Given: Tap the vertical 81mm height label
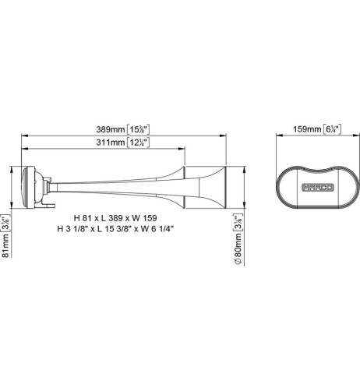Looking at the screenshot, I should [x=6, y=241].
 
